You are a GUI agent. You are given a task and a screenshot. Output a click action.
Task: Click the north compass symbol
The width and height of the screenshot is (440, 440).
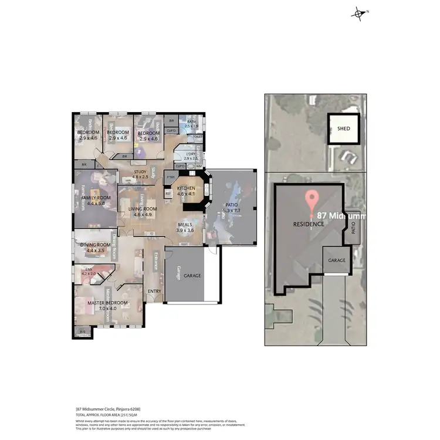pyautogui.click(x=358, y=14)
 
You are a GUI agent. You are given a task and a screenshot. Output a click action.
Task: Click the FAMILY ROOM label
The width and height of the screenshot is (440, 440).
pyautogui.click(x=96, y=198)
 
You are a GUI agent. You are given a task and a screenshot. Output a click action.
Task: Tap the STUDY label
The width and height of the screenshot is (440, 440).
pyautogui.click(x=140, y=172)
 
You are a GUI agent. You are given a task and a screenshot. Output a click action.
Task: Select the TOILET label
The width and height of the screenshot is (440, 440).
pyautogui.click(x=197, y=137)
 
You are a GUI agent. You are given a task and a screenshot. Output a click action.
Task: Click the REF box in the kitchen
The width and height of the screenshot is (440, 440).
pyautogui.click(x=168, y=192)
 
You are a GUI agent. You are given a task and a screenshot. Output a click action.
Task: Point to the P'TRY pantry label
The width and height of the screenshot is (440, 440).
pyautogui.click(x=171, y=177)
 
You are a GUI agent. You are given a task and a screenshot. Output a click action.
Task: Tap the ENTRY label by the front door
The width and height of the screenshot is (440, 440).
pyautogui.click(x=154, y=292)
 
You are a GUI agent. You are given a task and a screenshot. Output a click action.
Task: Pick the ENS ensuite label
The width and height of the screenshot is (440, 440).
pyautogui.click(x=88, y=270)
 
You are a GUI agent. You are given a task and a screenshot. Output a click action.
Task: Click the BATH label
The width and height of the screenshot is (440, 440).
pyautogui.click(x=191, y=121)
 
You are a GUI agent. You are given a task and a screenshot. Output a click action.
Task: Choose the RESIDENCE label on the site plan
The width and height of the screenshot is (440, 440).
pyautogui.click(x=309, y=224)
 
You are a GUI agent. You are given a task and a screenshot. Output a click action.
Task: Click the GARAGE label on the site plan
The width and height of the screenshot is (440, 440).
pyautogui.click(x=337, y=260)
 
